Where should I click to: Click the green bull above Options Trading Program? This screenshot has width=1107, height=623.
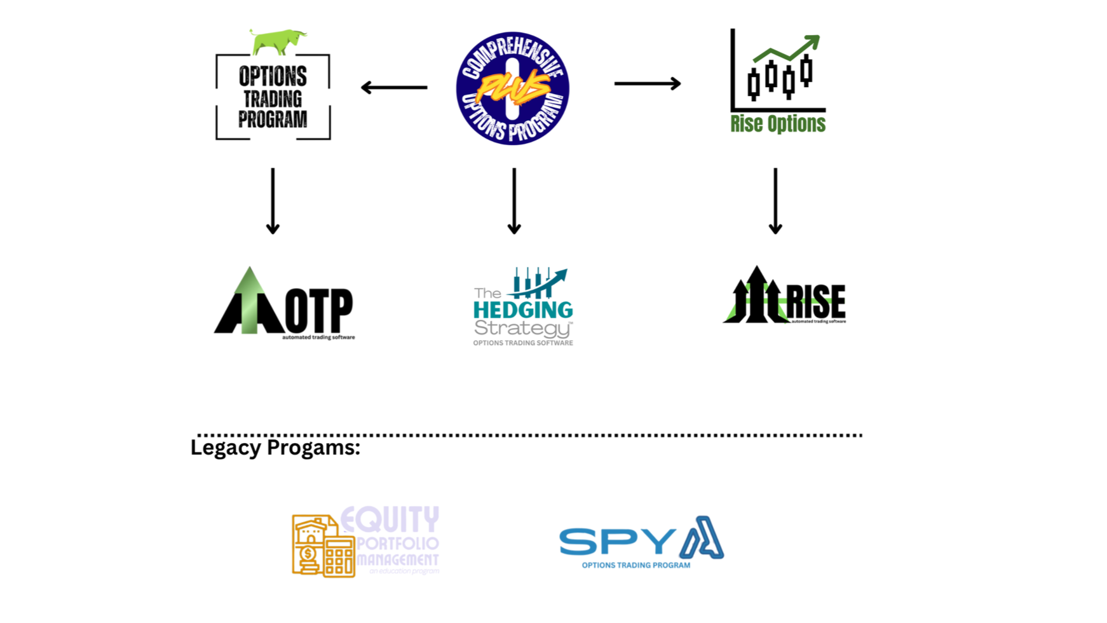point(278,41)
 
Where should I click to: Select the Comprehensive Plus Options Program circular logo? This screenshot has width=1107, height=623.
point(512,88)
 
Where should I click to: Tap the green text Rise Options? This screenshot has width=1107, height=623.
point(778,124)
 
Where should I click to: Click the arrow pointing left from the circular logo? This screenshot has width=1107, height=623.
point(394,87)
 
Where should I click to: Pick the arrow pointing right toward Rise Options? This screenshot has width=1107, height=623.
point(647,83)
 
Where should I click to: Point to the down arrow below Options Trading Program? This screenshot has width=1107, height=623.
point(273,201)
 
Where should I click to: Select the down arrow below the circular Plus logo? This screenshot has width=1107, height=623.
point(514,201)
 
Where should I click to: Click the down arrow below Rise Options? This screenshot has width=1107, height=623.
point(775,201)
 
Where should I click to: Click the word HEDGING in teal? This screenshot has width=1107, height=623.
point(523,310)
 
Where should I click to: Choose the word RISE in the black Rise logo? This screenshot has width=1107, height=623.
point(816,302)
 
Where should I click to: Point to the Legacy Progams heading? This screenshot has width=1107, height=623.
point(275,448)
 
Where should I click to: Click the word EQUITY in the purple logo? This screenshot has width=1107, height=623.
point(390,520)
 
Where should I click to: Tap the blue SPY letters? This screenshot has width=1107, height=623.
point(616,542)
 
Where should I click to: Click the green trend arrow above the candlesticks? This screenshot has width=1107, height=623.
point(788,50)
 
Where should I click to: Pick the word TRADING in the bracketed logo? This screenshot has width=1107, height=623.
point(273,99)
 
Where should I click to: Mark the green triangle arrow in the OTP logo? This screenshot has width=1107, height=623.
point(249,299)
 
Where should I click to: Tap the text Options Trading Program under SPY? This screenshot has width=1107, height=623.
point(635,565)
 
